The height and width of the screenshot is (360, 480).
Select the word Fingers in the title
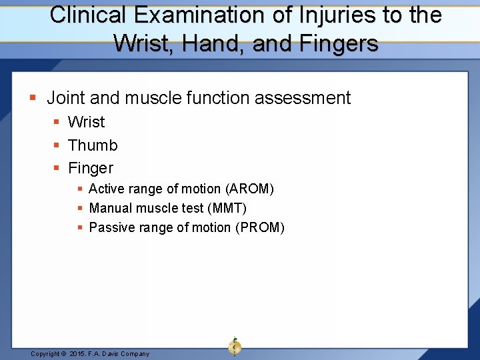[341, 44]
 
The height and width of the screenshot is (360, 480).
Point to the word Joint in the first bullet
[65, 98]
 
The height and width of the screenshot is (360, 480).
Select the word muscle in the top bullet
[148, 98]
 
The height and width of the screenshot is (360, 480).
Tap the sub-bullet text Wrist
[86, 122]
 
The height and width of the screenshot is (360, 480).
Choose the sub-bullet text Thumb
[93, 145]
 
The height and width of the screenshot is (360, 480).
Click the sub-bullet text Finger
[91, 168]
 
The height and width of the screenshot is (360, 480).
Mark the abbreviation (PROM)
[259, 227]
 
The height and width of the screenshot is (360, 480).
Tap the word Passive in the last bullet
[110, 227]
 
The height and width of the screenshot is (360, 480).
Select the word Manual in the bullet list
[109, 208]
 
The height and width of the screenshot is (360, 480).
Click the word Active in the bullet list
[107, 189]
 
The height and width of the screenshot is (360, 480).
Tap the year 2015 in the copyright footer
[79, 353]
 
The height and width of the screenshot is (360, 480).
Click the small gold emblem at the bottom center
[235, 346]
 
